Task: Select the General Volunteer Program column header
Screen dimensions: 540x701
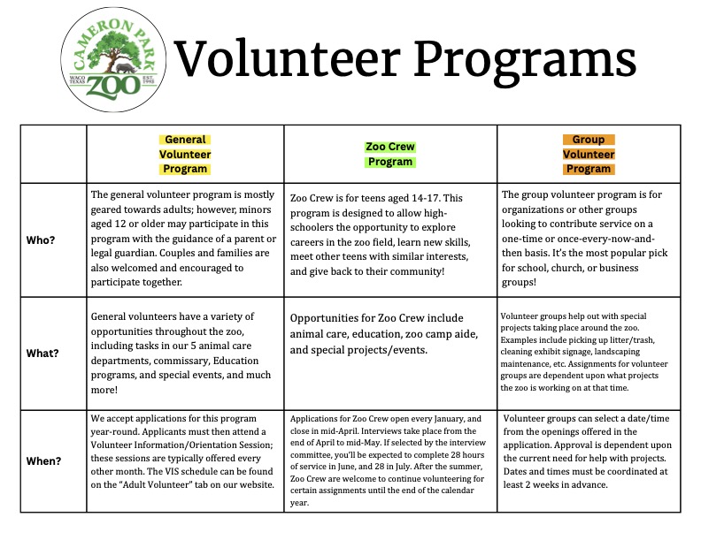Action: point(185,154)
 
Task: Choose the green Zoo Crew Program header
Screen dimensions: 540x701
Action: point(389,154)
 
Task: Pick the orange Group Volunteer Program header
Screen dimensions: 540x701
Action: point(589,154)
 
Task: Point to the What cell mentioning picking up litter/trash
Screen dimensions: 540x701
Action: point(589,352)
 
